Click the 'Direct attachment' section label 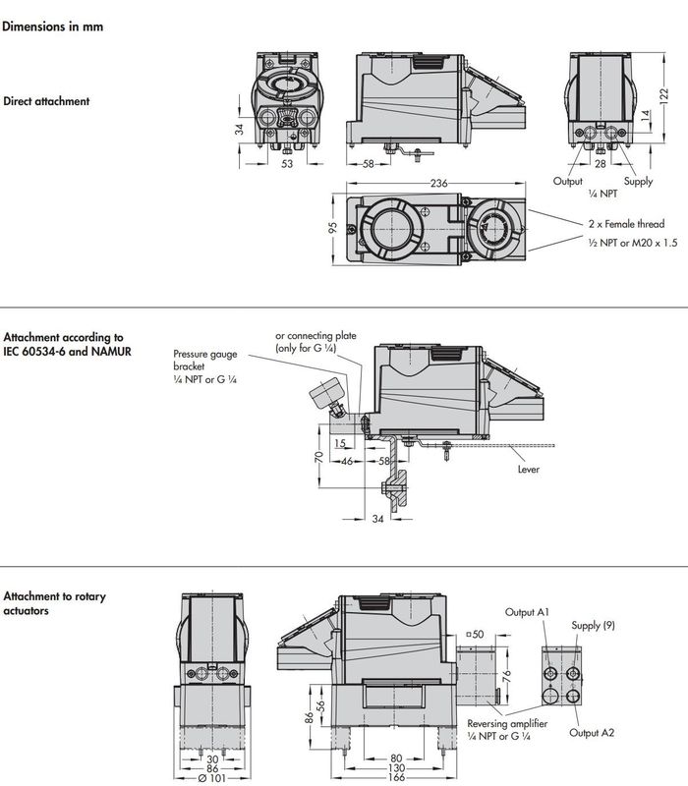[46, 101]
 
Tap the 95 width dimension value [332, 228]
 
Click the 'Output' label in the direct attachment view [568, 182]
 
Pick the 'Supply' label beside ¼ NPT [638, 182]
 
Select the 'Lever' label [529, 469]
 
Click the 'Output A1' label [527, 612]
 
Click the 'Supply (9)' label [593, 626]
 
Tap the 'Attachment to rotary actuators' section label [54, 603]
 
